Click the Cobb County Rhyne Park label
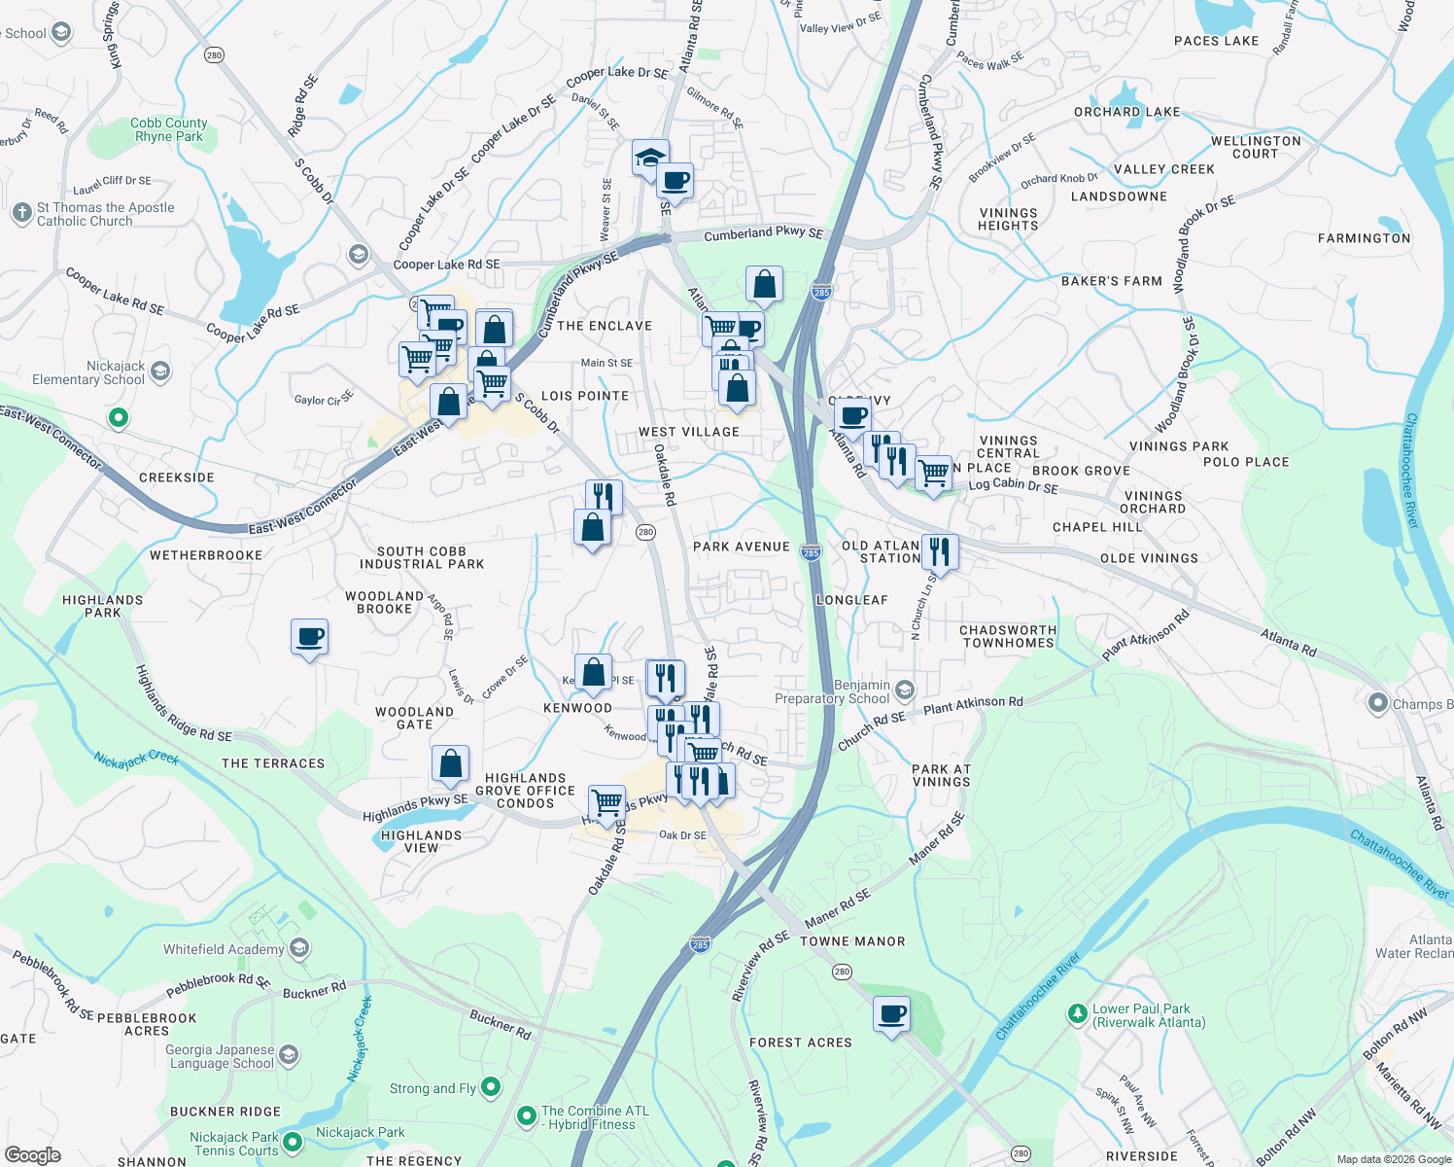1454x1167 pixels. [x=169, y=129]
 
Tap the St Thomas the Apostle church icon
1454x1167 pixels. [x=22, y=213]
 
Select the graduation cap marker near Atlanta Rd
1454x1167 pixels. [x=650, y=157]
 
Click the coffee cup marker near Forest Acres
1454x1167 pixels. [x=891, y=1014]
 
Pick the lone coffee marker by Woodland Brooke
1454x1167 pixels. [x=309, y=637]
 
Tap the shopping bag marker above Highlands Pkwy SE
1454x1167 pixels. [x=450, y=764]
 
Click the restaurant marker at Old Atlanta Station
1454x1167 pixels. [x=939, y=552]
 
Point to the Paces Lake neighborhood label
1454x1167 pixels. [x=1216, y=41]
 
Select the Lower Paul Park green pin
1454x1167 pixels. [x=1077, y=1014]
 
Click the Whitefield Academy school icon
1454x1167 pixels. [x=299, y=948]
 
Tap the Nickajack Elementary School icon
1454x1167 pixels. [x=160, y=371]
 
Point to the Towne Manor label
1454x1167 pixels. [x=852, y=941]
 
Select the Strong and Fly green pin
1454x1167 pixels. [x=491, y=1086]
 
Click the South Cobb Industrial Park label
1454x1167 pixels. [x=422, y=557]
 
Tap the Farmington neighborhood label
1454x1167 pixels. [x=1364, y=238]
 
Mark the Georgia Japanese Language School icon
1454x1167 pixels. [x=288, y=1055]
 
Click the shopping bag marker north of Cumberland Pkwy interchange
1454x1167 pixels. [x=764, y=284]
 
